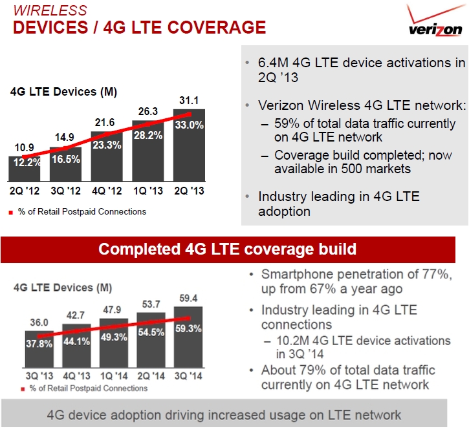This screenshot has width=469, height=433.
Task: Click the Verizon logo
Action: [x=435, y=20]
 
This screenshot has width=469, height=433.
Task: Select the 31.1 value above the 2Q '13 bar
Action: [x=189, y=100]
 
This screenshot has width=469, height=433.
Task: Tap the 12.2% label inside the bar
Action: [x=27, y=162]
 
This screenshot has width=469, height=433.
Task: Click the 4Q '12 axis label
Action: [x=107, y=191]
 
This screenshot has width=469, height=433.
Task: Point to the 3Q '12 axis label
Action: [x=66, y=191]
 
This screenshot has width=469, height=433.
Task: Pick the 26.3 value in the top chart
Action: [x=147, y=111]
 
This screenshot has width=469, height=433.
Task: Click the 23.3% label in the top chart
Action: [x=107, y=145]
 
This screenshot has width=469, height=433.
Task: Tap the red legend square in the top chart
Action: [x=11, y=213]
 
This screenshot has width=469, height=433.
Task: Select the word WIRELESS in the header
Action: [x=50, y=10]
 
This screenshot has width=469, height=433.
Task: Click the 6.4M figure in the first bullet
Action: [x=273, y=63]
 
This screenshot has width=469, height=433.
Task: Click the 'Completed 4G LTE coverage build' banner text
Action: [x=227, y=249]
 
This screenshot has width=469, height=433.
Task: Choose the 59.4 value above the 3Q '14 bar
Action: [x=188, y=298]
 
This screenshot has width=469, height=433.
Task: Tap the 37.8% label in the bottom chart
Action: [x=39, y=344]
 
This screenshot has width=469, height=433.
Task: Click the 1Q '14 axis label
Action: [x=114, y=376]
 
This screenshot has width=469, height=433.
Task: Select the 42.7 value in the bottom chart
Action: [x=76, y=315]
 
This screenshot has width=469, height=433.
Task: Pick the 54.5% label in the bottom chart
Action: [x=151, y=332]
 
